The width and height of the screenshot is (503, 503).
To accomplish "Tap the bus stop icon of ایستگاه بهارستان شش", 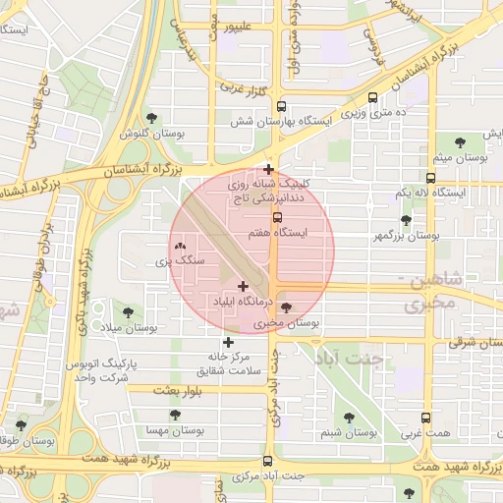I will point(282,106).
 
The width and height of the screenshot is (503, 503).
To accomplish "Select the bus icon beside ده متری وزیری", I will point(371,98).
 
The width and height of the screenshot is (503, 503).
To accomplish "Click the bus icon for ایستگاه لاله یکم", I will point(430,178).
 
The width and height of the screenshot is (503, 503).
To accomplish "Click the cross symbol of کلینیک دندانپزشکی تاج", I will point(268,169).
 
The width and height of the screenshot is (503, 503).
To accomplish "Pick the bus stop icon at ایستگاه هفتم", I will point(276,217).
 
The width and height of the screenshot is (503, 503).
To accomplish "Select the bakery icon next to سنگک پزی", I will point(179,247).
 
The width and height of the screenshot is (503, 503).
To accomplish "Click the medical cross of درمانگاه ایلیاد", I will point(243,286).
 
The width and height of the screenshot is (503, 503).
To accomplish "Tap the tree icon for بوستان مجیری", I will point(286,307).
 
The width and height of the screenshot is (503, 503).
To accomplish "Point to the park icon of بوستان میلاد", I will point(124,312).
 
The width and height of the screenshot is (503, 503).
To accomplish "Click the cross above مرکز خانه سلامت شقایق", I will point(229,343).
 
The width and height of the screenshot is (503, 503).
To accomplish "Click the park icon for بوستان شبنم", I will point(351,418).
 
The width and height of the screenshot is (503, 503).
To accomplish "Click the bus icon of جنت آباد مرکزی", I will point(267,460).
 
